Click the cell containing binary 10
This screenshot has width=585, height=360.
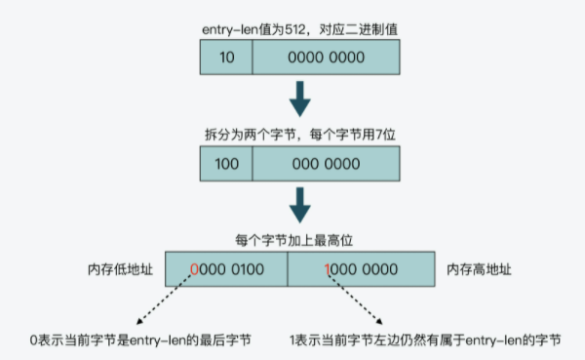(x=226, y=60)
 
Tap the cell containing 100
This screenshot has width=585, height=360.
(x=226, y=163)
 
